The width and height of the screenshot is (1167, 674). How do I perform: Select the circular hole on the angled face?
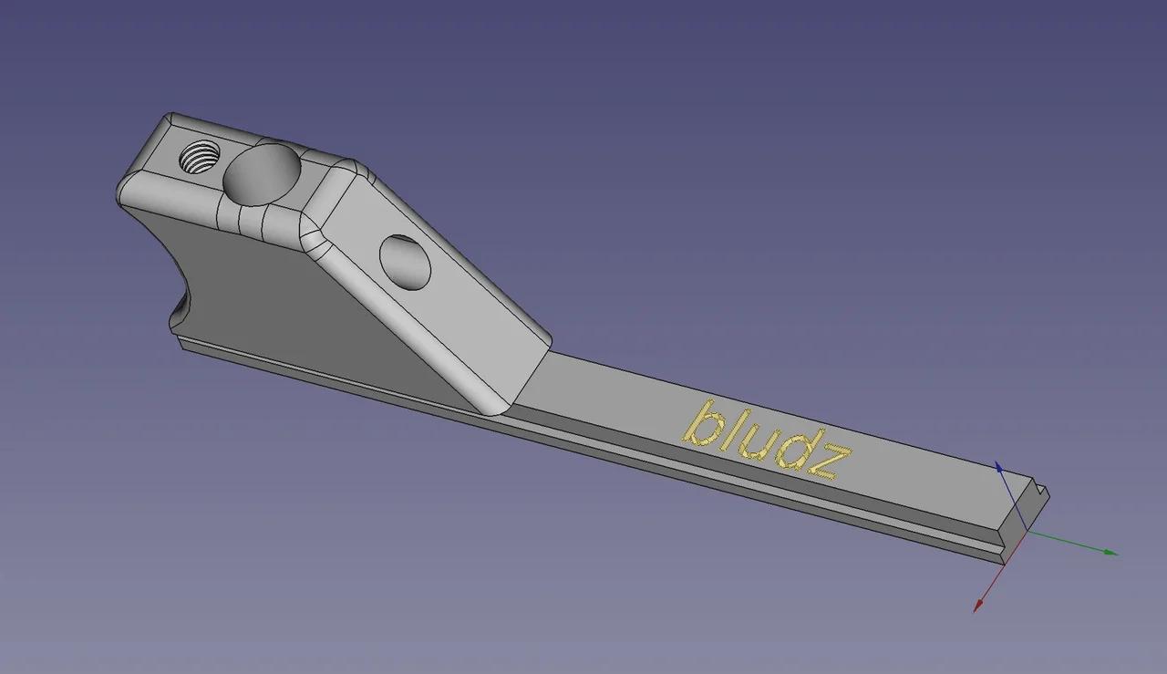[405, 262]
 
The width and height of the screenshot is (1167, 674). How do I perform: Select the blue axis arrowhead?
[999, 467]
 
